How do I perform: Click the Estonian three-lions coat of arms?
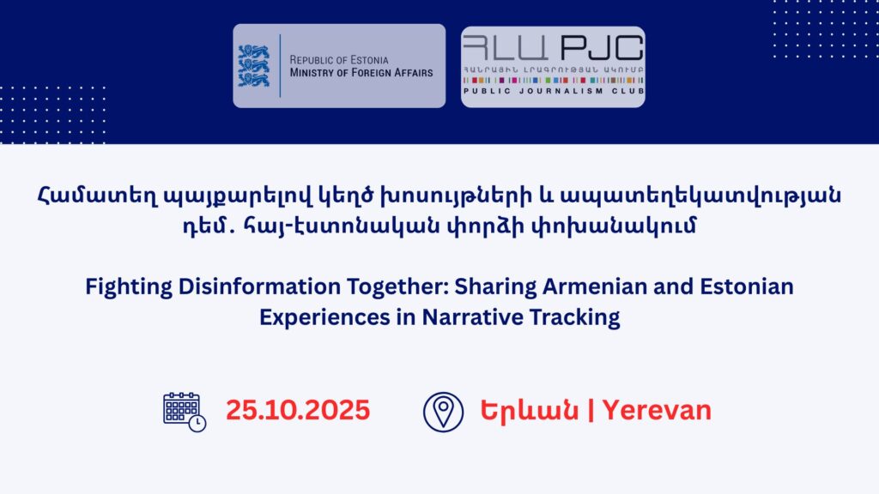[254, 66]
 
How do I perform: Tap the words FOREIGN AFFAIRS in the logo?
[387, 73]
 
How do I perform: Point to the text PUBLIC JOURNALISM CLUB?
[554, 91]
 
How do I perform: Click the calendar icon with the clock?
[185, 412]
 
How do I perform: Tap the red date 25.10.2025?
[298, 410]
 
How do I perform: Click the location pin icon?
[443, 413]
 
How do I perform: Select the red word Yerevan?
[657, 411]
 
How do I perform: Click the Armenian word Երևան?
[529, 411]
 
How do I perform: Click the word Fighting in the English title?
[129, 287]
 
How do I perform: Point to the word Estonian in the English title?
[747, 286]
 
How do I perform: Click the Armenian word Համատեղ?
[98, 196]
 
